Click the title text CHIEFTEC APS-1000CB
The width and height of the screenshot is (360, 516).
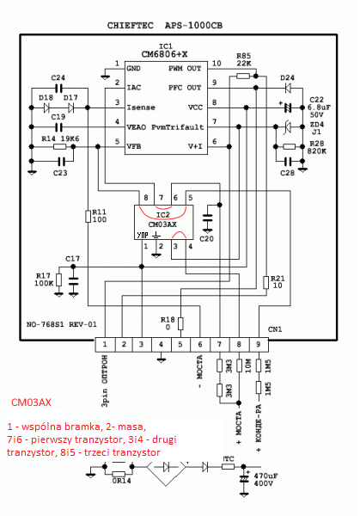(x=178, y=28)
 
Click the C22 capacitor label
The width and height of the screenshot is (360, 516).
(x=317, y=101)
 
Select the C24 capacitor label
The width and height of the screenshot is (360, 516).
(x=58, y=77)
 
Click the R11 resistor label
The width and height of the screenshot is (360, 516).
(x=100, y=215)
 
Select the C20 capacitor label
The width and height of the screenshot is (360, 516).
(x=207, y=238)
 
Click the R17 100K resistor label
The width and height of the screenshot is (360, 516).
(x=43, y=279)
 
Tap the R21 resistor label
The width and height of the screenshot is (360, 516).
(x=277, y=282)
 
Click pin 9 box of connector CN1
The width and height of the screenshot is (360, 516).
(x=257, y=345)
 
